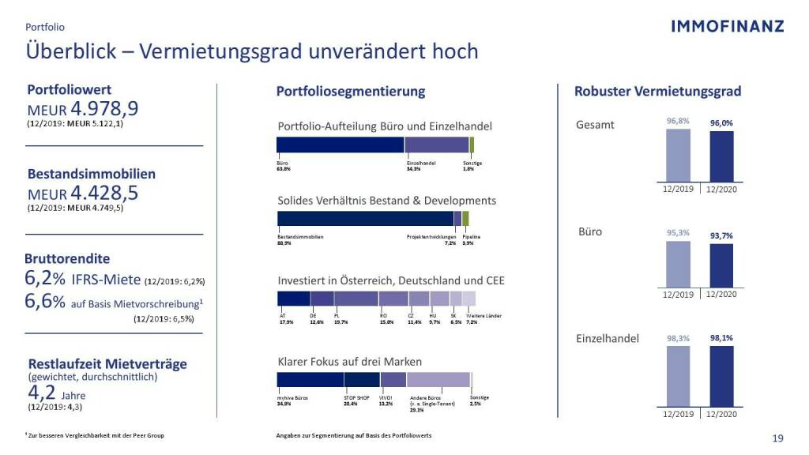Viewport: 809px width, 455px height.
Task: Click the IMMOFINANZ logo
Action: pyautogui.click(x=727, y=26)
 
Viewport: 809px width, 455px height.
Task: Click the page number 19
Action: pyautogui.click(x=777, y=438)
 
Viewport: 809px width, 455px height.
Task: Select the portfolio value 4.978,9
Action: pyautogui.click(x=105, y=108)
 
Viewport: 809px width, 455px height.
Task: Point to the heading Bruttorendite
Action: pyautogui.click(x=69, y=258)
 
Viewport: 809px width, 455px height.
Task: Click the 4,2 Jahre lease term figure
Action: pyautogui.click(x=46, y=392)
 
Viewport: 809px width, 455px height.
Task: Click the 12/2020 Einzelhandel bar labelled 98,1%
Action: pyautogui.click(x=721, y=377)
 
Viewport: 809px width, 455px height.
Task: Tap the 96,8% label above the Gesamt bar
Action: pyautogui.click(x=678, y=121)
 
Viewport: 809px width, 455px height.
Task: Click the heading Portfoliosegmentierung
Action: pyautogui.click(x=350, y=92)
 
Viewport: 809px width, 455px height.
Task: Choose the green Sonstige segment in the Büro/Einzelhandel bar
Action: pyautogui.click(x=472, y=145)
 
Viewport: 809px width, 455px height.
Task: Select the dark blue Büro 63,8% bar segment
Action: pyautogui.click(x=340, y=145)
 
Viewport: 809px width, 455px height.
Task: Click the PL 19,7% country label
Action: pyautogui.click(x=341, y=318)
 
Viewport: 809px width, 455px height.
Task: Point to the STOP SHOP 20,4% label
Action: pyautogui.click(x=357, y=400)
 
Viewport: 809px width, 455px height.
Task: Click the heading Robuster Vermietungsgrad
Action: pyautogui.click(x=657, y=92)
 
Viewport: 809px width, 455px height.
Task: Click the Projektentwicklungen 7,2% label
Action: pyautogui.click(x=431, y=240)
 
